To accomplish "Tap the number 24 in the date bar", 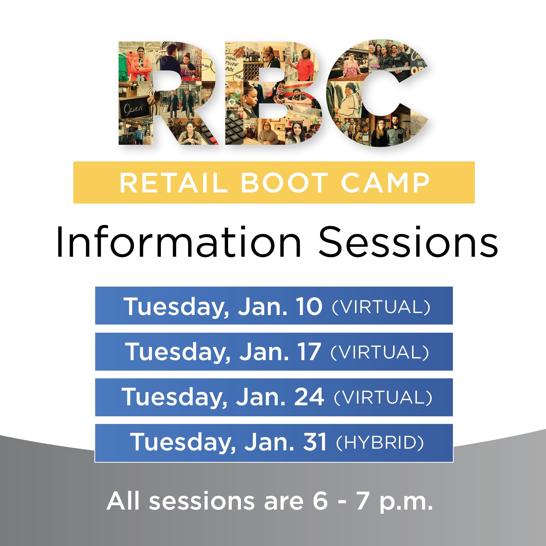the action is (x=309, y=397).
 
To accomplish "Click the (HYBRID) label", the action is (x=380, y=443).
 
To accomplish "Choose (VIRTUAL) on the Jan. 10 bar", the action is (x=381, y=307).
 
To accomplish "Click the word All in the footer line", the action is (x=123, y=501).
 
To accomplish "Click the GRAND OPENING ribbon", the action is (x=398, y=69).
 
